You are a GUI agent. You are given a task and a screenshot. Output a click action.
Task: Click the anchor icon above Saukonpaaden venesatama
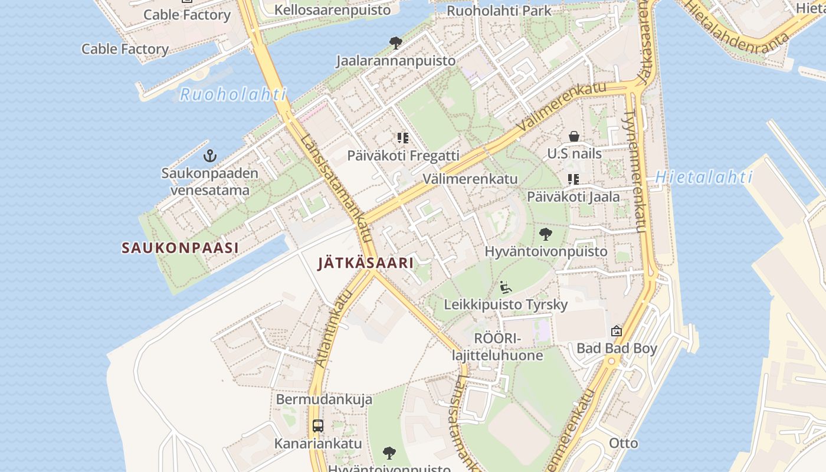(x=210, y=156)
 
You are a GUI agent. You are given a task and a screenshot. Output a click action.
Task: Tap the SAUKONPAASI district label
(x=180, y=248)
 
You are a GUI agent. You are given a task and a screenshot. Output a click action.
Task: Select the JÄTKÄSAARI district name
(x=366, y=263)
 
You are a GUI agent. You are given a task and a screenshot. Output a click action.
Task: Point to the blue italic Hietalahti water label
(x=704, y=177)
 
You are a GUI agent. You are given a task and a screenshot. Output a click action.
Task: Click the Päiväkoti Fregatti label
(x=403, y=156)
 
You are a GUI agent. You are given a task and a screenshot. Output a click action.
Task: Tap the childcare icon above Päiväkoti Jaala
(x=573, y=179)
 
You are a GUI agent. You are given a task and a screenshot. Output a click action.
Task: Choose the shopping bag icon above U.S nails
(x=573, y=137)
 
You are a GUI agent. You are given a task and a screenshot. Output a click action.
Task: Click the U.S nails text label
(x=574, y=154)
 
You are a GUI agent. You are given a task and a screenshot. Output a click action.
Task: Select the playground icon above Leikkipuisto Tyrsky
(x=506, y=287)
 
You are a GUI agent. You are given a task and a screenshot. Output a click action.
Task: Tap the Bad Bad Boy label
(x=617, y=348)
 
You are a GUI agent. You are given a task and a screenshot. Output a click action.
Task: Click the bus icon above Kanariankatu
(x=317, y=425)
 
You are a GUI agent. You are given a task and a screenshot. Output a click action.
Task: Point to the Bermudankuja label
(x=324, y=399)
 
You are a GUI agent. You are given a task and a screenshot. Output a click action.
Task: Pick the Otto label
(x=623, y=443)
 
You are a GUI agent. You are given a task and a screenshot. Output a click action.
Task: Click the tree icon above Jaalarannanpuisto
(x=395, y=42)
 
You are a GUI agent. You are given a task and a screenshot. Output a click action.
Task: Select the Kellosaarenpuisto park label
(x=332, y=10)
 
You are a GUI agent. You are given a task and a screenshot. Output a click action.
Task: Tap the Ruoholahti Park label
(x=499, y=11)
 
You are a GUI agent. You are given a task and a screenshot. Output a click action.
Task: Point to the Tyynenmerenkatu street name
(x=634, y=171)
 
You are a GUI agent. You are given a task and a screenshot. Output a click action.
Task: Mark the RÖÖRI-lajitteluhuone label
(x=497, y=347)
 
